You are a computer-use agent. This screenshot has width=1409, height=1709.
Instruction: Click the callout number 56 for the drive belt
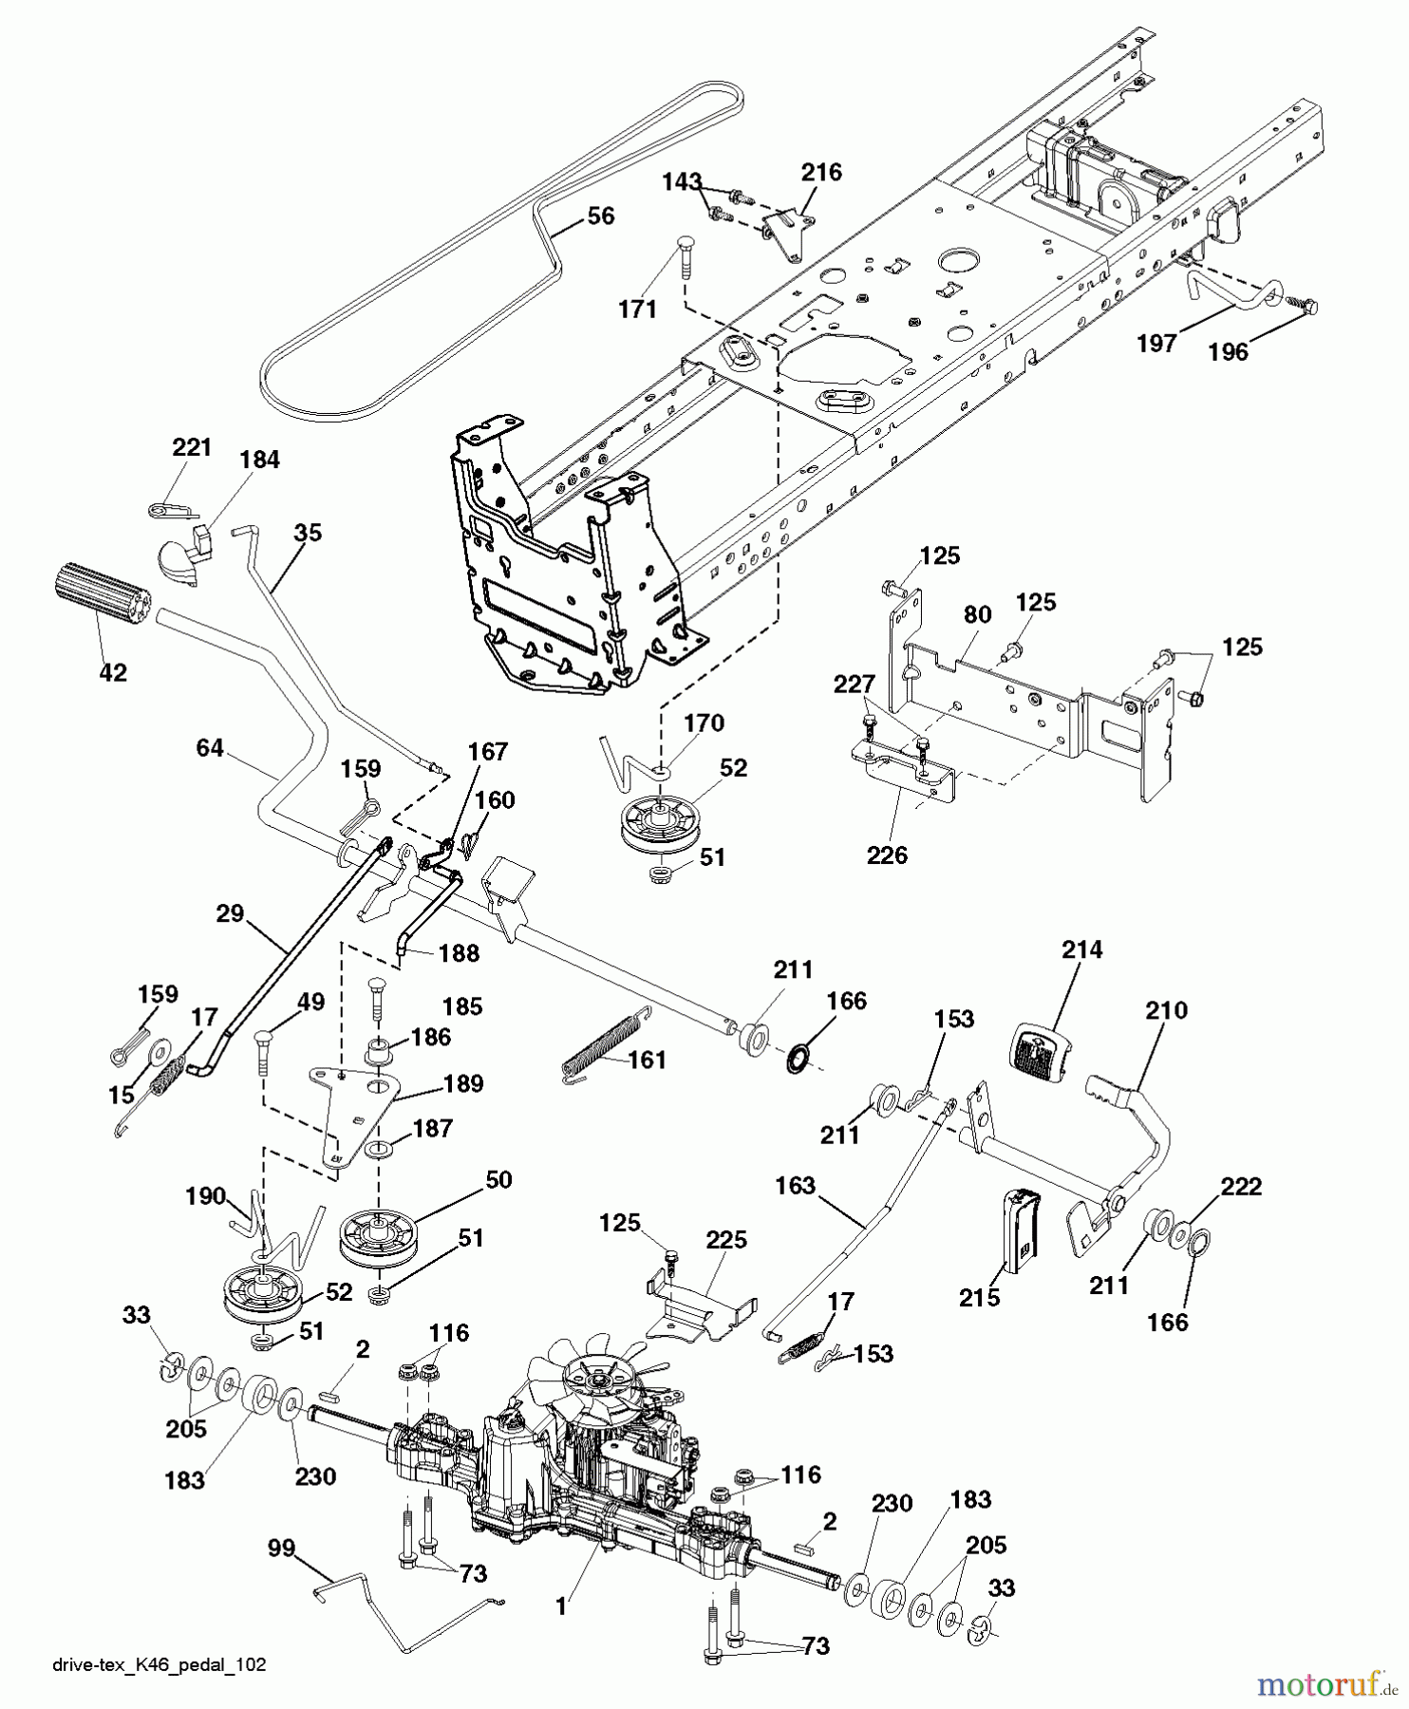[600, 216]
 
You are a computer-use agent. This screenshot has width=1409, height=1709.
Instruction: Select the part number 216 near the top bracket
[820, 172]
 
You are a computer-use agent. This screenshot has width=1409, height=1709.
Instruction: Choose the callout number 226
[887, 854]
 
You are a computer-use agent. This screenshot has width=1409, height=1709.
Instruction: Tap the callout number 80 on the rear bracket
[977, 614]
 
